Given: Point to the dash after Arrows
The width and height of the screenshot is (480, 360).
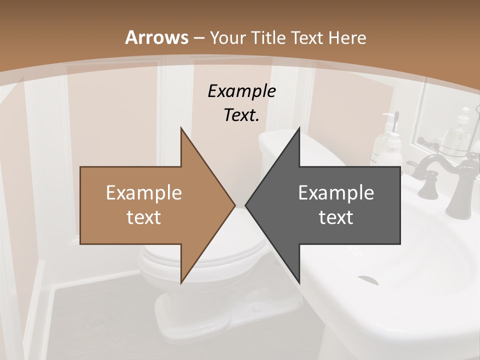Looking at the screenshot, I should click(198, 38).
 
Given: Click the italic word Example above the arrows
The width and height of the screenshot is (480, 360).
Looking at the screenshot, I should click(241, 91).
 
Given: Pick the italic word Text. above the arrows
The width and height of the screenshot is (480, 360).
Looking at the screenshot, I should click(241, 115).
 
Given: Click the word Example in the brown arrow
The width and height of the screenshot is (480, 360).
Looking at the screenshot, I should click(144, 193).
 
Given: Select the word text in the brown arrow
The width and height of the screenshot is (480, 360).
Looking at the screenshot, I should click(144, 217).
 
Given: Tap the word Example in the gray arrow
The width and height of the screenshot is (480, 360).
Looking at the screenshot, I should click(336, 193).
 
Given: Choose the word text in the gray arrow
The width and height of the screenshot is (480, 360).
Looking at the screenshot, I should click(336, 217).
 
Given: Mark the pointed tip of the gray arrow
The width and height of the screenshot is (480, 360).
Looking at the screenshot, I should click(246, 205).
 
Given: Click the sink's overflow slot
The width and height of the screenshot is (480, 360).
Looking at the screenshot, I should click(368, 279).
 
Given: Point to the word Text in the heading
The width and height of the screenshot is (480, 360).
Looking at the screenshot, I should click(308, 37).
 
